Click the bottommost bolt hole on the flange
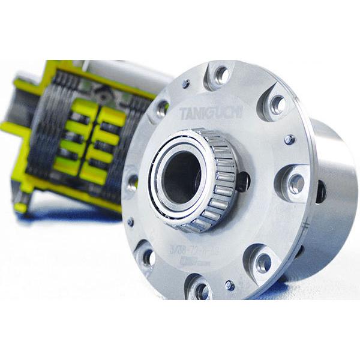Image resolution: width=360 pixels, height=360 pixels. pyautogui.click(x=202, y=290)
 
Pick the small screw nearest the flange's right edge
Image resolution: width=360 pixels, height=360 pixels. pyautogui.click(x=289, y=139)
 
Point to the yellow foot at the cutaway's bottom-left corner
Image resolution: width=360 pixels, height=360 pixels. pyautogui.click(x=21, y=207)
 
